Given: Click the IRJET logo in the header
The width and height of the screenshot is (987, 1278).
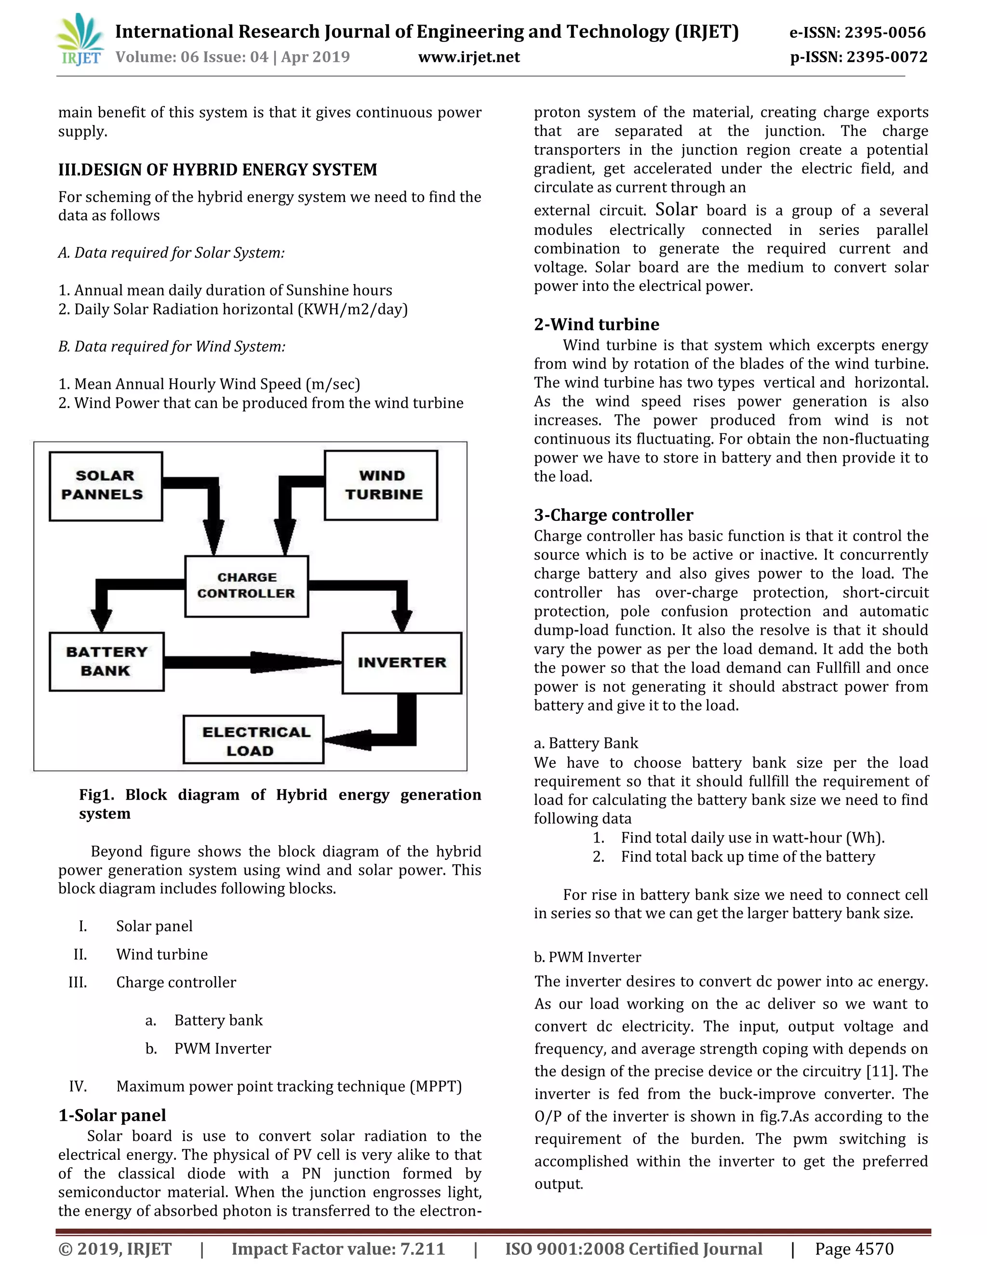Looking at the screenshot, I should pos(80,40).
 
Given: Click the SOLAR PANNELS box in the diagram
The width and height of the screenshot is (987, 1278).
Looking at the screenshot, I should pos(105,485).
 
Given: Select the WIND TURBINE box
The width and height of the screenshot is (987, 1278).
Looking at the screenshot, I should pos(381,485).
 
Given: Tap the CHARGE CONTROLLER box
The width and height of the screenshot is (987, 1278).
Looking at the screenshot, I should pos(246,586).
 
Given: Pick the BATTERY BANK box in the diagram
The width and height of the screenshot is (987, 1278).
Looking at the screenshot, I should pos(107,661).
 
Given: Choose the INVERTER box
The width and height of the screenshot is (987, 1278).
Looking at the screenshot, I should pos(402,663).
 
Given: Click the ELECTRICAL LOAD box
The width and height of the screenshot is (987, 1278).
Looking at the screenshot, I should pos(253,740).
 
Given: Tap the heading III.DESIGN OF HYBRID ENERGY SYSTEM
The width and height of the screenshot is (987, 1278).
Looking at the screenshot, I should pos(217,170).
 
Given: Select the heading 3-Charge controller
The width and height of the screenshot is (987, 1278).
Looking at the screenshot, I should pos(613,515).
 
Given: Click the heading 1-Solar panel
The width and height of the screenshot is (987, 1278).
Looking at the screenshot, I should pos(112,1115).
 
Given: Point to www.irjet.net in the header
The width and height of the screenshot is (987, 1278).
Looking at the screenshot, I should pos(468,57).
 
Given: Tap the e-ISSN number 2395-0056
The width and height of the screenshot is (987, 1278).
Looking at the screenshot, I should pos(885,33).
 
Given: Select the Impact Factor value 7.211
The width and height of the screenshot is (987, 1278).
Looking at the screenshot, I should pos(422,1249).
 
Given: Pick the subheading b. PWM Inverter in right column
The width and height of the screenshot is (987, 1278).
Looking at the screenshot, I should pos(587,957).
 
